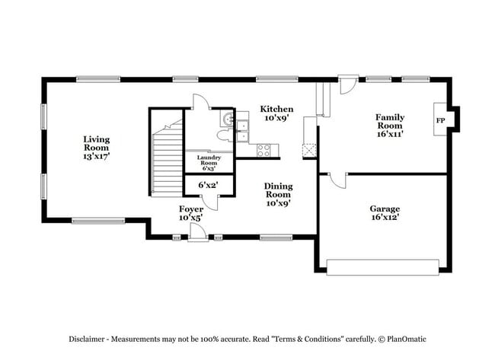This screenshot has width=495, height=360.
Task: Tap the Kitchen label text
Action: click(276, 113)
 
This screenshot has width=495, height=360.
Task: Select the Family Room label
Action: click(389, 125)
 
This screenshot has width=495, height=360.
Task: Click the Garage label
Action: click(385, 212)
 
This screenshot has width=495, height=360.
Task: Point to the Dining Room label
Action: click(278, 194)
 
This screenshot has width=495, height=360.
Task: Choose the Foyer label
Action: click(190, 212)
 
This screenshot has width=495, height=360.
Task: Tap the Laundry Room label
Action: click(209, 162)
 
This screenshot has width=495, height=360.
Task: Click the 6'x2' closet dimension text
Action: click(209, 185)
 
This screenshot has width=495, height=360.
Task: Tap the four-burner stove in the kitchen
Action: click(263, 149)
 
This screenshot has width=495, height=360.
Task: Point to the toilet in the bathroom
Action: click(223, 135)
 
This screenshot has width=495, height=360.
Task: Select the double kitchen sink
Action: click(242, 131)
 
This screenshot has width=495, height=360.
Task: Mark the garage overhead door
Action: click(382, 266)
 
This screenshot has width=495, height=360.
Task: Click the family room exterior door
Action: click(347, 84)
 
